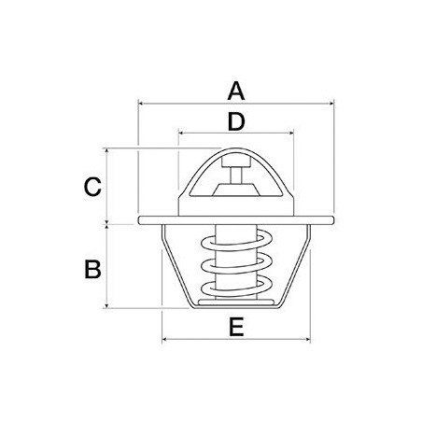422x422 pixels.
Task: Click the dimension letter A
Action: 236,91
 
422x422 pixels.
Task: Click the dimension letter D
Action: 236,121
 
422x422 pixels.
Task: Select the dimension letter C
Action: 92,187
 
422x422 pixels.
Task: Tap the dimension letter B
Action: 92,269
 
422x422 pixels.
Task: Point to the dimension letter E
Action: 236,327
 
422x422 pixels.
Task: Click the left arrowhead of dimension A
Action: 140,104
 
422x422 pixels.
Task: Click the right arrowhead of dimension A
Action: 331,104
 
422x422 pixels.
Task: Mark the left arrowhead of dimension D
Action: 181,134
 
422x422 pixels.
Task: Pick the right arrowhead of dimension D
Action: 291,134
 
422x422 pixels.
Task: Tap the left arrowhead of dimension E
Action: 165,339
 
